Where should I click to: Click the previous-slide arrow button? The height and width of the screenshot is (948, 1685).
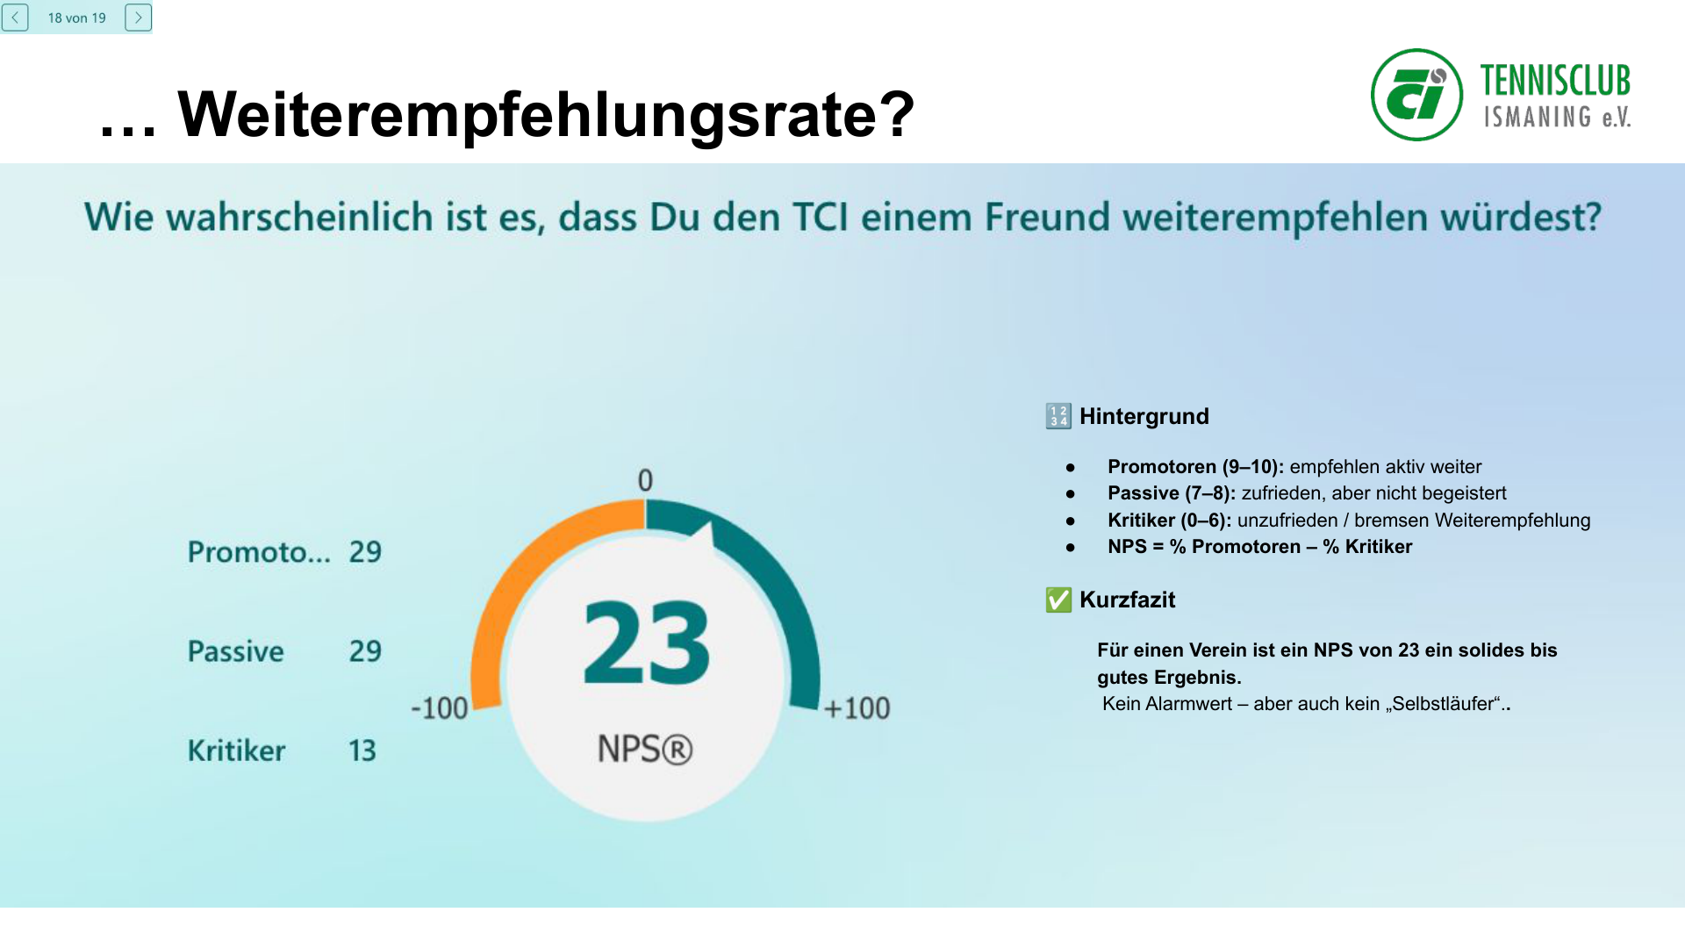point(15,18)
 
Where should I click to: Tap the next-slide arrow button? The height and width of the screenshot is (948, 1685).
point(138,18)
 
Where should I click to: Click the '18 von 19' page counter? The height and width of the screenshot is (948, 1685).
point(76,18)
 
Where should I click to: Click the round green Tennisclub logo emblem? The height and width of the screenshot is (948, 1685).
point(1416,95)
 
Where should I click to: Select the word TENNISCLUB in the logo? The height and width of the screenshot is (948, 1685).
point(1554,81)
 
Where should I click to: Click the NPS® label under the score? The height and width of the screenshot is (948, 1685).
point(645,750)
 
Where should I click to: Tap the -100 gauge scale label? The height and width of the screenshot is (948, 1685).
point(440,708)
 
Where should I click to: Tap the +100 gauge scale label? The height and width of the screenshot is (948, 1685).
point(857,708)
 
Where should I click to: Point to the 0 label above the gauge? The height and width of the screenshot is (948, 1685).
point(645,480)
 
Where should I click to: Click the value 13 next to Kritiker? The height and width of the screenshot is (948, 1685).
point(362,750)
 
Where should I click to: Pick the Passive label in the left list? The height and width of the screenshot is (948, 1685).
point(236,651)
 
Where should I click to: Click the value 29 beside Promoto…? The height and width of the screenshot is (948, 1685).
point(365,552)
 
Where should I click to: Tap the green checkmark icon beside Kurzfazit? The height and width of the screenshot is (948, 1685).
point(1058,600)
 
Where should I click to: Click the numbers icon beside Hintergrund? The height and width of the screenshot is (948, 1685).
point(1058,416)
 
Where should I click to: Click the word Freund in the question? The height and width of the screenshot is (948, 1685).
point(1047,217)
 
